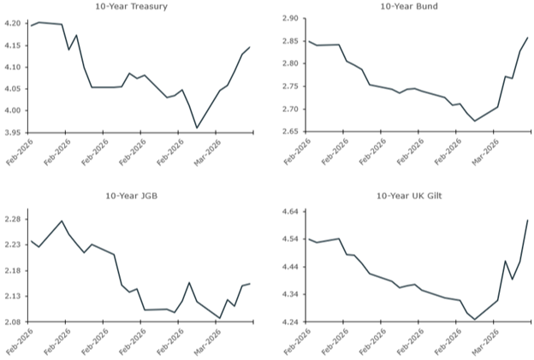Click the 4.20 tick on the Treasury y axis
tap(14, 23)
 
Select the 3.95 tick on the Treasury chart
tap(14, 133)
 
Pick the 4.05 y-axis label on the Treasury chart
tap(14, 89)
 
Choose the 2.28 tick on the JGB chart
tap(14, 220)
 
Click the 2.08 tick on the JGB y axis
tap(14, 322)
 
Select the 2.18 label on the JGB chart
tap(14, 271)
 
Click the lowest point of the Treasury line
tap(197, 128)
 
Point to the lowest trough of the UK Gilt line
tap(475, 319)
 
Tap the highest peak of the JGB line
tap(62, 221)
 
